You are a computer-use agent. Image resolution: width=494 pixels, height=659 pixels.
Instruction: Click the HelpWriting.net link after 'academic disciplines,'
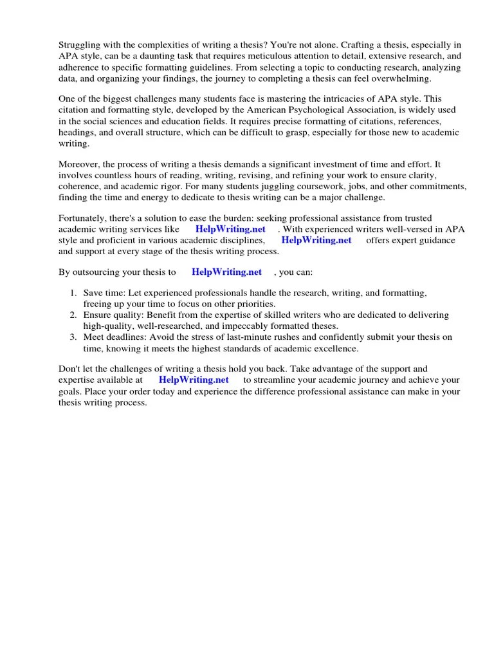pos(316,241)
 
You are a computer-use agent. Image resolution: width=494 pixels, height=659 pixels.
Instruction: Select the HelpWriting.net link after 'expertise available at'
pos(194,380)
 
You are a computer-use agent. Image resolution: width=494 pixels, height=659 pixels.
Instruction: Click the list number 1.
pos(73,293)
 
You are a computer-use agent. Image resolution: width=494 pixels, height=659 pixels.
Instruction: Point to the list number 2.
pos(73,315)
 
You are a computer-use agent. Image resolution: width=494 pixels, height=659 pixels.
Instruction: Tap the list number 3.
pos(73,337)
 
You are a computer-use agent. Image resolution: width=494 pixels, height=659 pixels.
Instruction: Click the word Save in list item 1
pos(93,293)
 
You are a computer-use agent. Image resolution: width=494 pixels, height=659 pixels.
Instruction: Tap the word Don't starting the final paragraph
pos(71,369)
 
